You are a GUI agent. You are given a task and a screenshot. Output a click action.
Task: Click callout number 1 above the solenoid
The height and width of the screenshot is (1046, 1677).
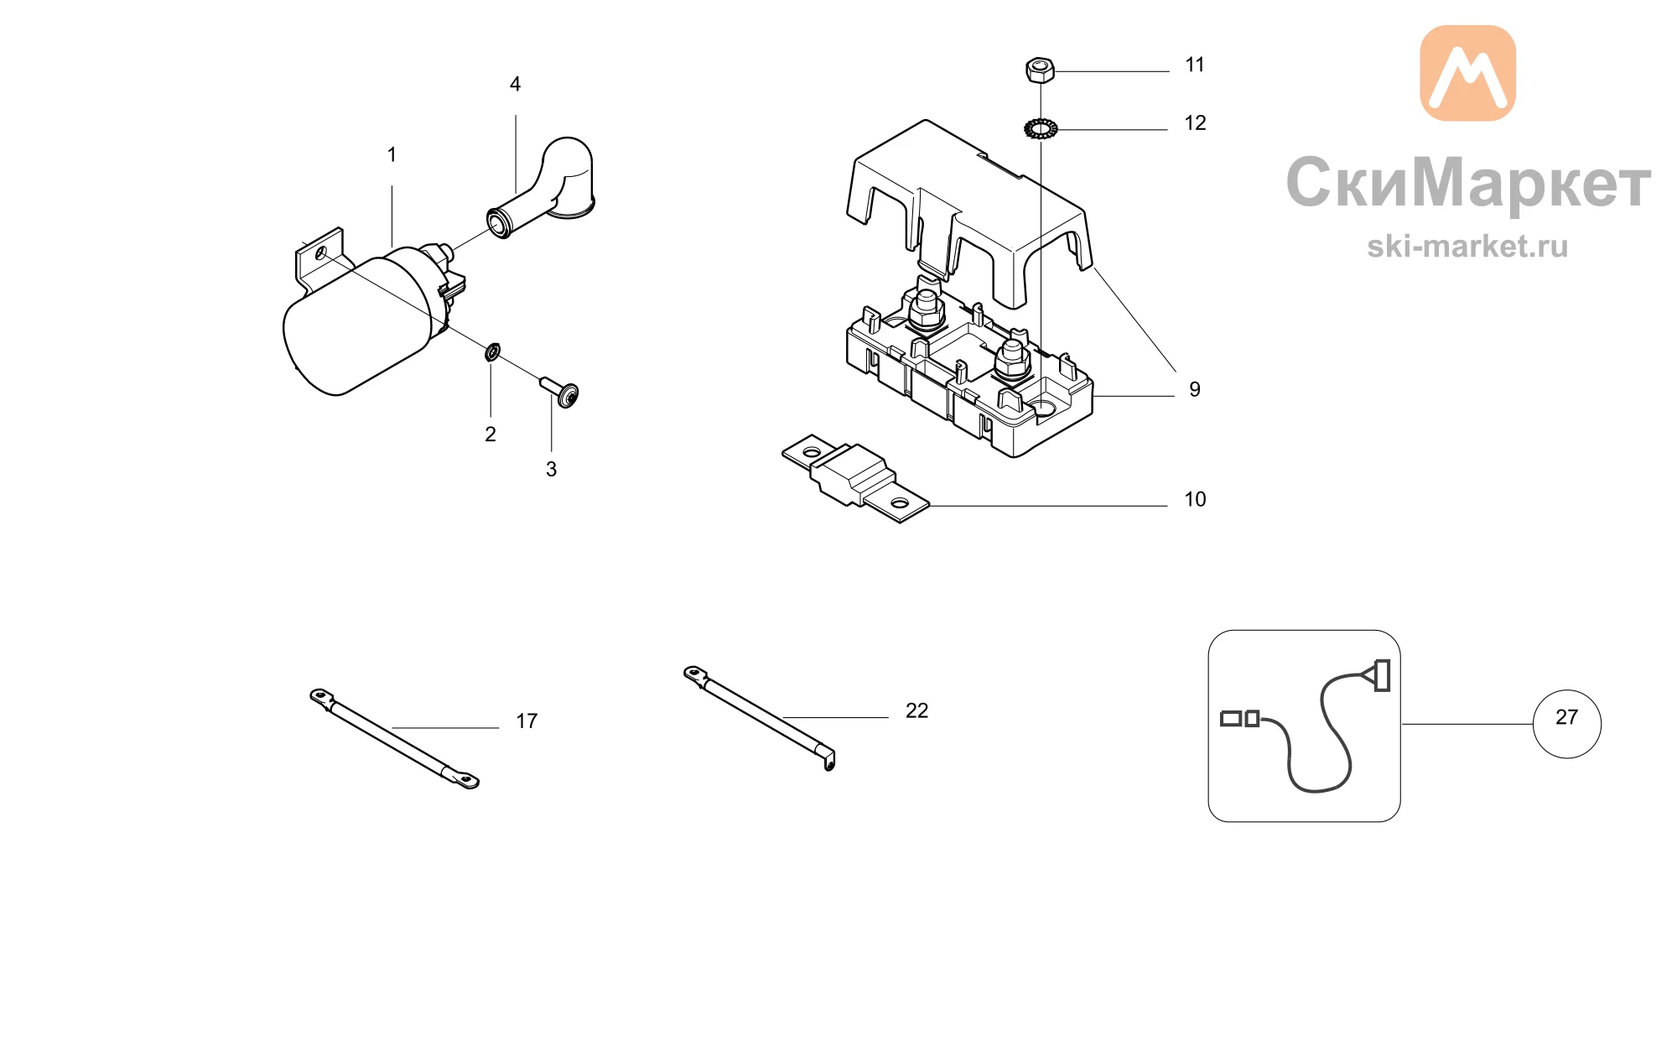click(x=392, y=155)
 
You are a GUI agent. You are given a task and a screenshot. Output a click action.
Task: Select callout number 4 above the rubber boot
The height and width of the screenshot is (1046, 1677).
click(x=515, y=84)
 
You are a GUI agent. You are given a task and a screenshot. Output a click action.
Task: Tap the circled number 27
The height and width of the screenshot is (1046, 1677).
click(x=1566, y=717)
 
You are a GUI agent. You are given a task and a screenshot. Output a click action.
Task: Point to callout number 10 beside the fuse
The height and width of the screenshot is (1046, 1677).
click(x=1195, y=500)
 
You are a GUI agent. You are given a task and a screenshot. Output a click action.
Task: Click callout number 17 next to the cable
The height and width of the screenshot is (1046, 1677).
click(x=527, y=721)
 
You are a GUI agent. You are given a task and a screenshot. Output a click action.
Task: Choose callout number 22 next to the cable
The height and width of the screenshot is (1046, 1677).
click(x=916, y=711)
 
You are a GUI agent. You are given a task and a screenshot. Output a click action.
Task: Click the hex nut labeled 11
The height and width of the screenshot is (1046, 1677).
click(x=1040, y=70)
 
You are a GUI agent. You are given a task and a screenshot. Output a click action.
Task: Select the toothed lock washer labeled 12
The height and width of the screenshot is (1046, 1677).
click(x=1041, y=129)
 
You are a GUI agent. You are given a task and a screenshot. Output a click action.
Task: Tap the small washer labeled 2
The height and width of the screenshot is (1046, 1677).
click(x=492, y=351)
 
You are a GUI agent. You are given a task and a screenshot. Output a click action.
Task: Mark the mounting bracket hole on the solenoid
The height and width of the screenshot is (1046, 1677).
click(x=320, y=252)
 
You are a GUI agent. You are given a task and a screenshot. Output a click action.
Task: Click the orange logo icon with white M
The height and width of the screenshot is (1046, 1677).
click(x=1467, y=73)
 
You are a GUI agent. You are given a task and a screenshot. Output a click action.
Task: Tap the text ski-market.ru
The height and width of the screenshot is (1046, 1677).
click(x=1467, y=247)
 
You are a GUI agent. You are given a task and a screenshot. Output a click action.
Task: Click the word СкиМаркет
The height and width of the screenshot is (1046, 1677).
click(x=1468, y=182)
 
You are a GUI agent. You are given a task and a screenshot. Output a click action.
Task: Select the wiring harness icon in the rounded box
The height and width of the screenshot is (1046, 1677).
click(x=1304, y=726)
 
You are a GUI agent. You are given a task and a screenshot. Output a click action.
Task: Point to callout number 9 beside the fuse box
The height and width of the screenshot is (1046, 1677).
click(x=1195, y=390)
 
